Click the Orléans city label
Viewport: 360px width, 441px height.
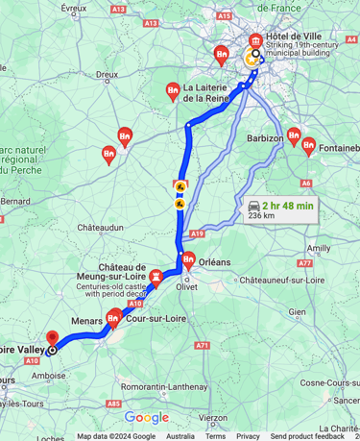point(216,261)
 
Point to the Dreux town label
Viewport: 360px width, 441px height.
point(107,73)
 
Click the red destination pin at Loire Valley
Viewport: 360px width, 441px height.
point(52,339)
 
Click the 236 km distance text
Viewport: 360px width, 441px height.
point(262,217)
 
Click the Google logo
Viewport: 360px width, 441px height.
point(146,417)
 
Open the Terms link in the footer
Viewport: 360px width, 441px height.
point(218,436)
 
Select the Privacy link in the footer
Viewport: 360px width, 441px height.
point(248,436)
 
